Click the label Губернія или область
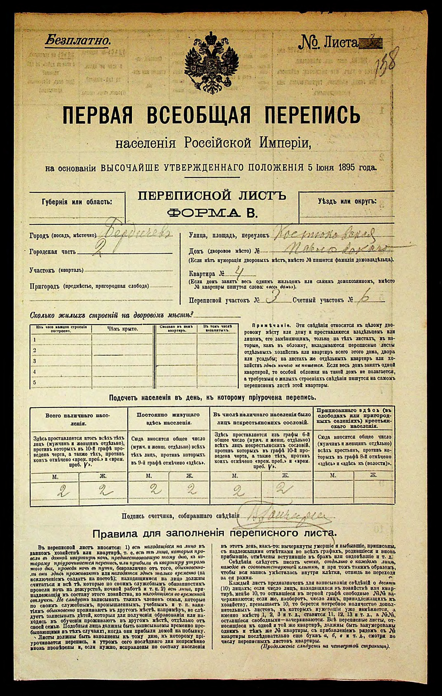point(77,201)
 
